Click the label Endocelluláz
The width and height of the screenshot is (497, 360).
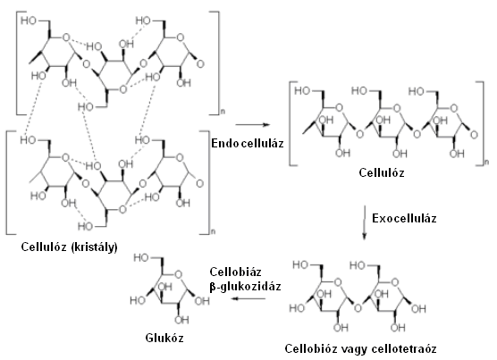coord(248,144)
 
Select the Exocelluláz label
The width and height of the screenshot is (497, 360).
coord(404,219)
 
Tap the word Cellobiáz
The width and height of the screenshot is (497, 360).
coord(235,272)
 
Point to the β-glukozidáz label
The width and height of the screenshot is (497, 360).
coord(245,287)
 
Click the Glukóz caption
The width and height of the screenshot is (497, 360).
coord(164,339)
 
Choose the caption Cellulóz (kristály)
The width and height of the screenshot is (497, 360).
coord(69,247)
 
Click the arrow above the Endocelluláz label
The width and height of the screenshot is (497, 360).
coord(253,125)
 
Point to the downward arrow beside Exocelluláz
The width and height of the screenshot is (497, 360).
coord(365,222)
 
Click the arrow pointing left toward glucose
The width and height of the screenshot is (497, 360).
coord(248,298)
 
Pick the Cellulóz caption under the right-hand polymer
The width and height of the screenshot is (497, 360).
coord(382,173)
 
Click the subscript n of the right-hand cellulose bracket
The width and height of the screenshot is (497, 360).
coord(486,163)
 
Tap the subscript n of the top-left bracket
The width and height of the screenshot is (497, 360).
coord(223,112)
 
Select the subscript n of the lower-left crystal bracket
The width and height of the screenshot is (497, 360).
coord(213,231)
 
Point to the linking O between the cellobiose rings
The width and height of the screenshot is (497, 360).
coord(358,308)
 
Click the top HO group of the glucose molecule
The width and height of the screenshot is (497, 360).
coord(141,258)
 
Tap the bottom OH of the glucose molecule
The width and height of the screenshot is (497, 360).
coord(181,320)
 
